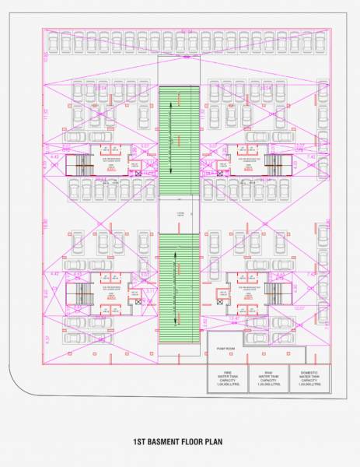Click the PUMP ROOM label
(225, 338)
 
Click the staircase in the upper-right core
(274, 163)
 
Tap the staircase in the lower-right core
(274, 294)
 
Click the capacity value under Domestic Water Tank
(309, 384)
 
